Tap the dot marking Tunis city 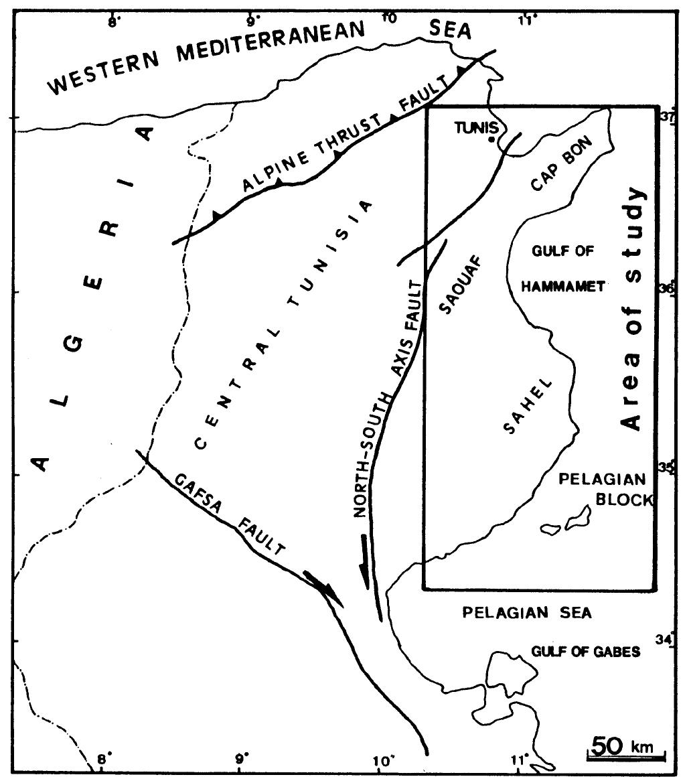tap(492, 139)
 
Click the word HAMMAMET tap(563, 286)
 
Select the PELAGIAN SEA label tap(528, 612)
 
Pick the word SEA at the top tap(450, 29)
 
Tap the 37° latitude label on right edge tap(667, 116)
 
